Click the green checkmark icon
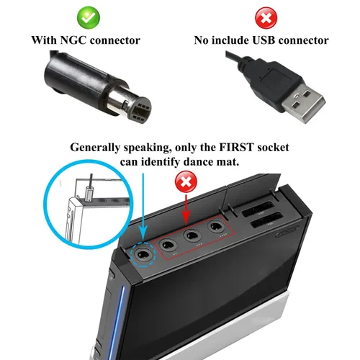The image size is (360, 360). [x=89, y=18]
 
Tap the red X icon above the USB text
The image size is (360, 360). [x=266, y=18]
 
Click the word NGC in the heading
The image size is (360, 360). [x=73, y=40]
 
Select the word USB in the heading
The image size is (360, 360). [x=264, y=40]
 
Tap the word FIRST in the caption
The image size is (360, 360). [x=236, y=148]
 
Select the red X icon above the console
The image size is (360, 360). [x=186, y=181]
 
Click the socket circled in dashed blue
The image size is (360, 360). [x=143, y=255]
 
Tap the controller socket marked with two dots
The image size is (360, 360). [x=168, y=245]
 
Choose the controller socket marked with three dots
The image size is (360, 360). [x=192, y=235]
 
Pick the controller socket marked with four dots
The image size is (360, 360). [x=216, y=226]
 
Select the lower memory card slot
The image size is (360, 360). [x=266, y=220]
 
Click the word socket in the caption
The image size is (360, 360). [x=273, y=148]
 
